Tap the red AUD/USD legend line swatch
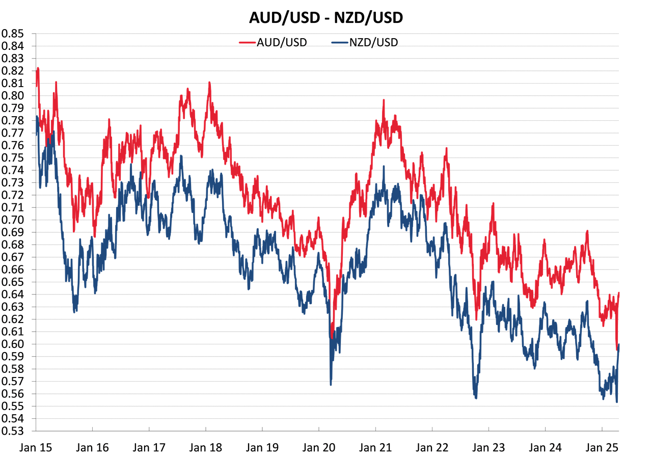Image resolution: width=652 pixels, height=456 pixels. point(247,42)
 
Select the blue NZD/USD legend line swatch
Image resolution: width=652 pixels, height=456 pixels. point(340,42)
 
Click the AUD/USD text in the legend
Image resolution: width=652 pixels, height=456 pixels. point(282,42)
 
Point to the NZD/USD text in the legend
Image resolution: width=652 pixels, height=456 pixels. point(374,42)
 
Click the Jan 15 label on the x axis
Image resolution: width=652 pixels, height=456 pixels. point(38,448)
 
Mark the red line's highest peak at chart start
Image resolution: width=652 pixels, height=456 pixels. point(38,69)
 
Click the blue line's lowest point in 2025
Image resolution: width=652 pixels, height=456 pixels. point(617,402)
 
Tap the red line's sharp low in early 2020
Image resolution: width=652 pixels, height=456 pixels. point(332,337)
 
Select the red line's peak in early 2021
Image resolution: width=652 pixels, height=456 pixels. point(384,101)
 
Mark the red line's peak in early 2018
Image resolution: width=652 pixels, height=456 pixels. point(209,83)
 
